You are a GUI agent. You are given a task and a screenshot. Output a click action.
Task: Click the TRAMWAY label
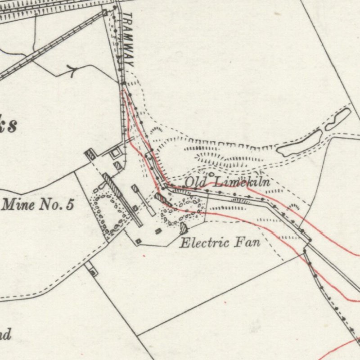[x=128, y=40]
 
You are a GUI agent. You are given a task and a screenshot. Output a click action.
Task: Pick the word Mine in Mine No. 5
[x=18, y=205]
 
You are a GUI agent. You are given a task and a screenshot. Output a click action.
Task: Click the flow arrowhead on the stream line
[x=71, y=70]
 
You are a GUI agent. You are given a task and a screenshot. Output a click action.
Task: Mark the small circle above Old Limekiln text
[x=211, y=173]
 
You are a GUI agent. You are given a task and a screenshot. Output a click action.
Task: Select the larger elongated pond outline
[x=299, y=143]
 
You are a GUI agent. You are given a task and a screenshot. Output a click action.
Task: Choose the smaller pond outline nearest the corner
[x=338, y=119]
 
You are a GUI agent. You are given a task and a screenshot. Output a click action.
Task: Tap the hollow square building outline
[x=116, y=153]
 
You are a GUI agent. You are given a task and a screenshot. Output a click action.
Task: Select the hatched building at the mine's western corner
[x=90, y=155]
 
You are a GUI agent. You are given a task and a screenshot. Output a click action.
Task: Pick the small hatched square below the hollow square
[x=118, y=166]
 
